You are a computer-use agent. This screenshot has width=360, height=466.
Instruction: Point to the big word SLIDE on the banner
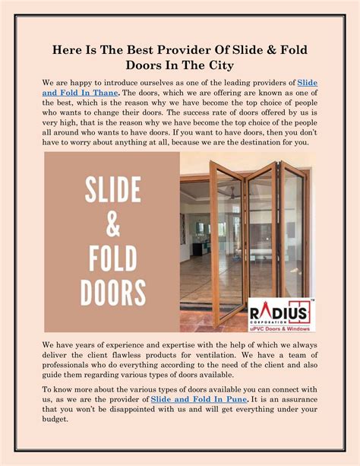(112, 189)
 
